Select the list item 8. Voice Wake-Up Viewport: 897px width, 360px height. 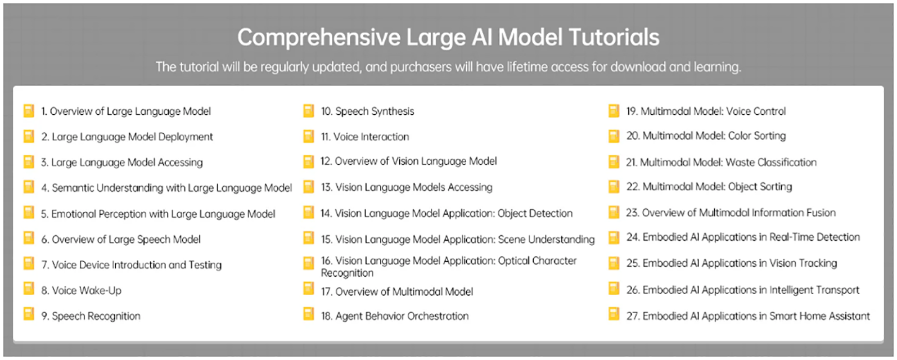point(81,290)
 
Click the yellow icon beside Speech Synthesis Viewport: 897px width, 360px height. point(308,110)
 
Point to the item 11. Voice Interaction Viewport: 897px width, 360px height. point(365,137)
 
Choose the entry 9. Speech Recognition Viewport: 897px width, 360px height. point(91,316)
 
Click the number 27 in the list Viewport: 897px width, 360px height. point(632,316)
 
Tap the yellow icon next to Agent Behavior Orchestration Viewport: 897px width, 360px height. point(308,314)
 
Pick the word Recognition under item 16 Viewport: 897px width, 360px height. point(347,273)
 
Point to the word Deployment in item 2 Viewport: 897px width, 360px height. point(186,137)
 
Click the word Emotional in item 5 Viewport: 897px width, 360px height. point(73,214)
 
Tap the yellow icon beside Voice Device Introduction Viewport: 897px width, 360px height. point(29,263)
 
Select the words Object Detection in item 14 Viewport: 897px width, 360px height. point(535,213)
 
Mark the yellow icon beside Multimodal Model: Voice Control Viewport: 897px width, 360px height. point(614,110)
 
